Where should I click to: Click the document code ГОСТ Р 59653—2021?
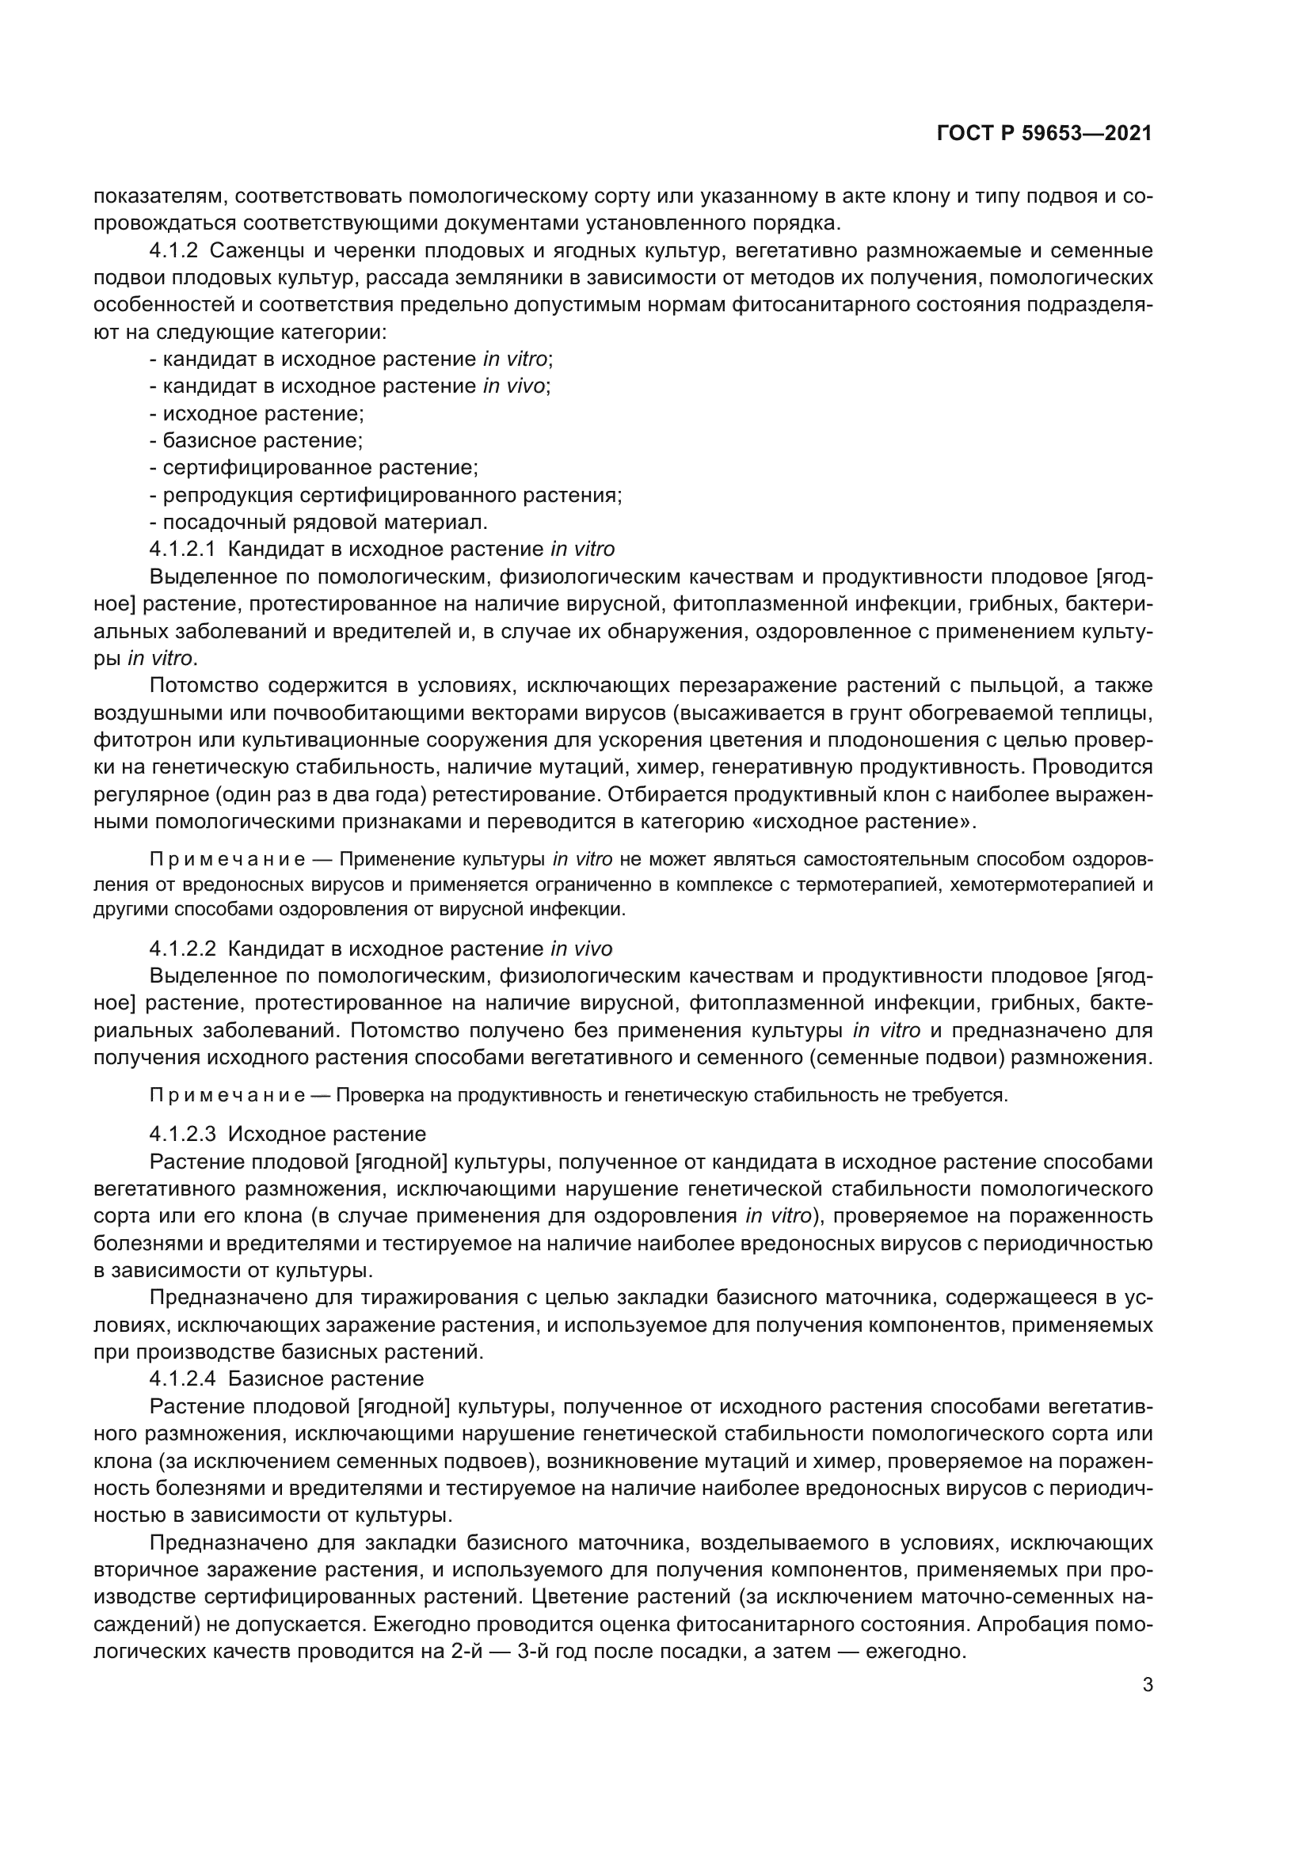[x=1044, y=134]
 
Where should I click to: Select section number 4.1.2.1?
[x=182, y=550]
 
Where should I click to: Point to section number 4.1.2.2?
[x=182, y=949]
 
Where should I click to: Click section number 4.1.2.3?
[x=182, y=1134]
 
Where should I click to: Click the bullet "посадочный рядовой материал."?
[x=325, y=522]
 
